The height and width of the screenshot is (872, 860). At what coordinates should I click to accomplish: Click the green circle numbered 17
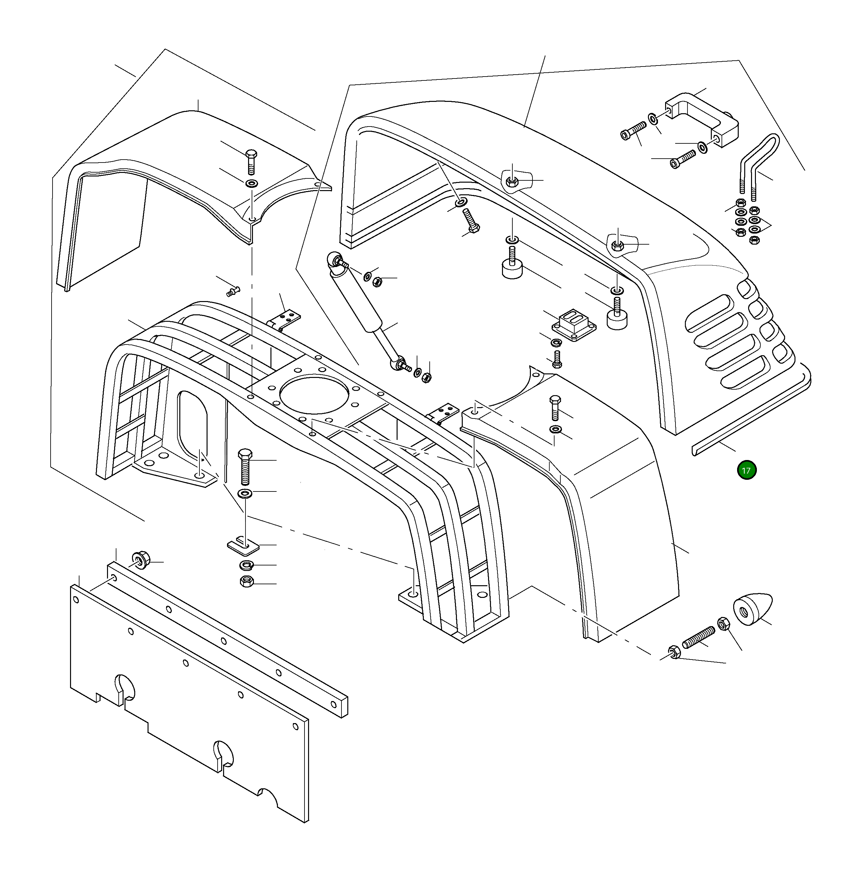746,470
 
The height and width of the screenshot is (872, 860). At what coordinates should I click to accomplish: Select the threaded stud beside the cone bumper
699,636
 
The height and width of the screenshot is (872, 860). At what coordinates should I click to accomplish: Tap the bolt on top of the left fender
251,161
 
